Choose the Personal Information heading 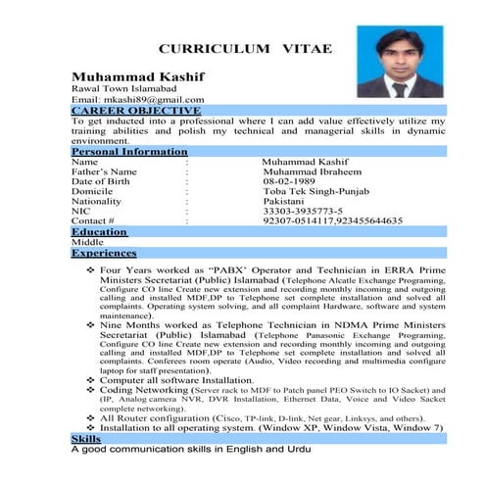(x=128, y=152)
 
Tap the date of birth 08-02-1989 (x=290, y=182)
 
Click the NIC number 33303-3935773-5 (x=303, y=212)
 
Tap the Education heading (x=99, y=232)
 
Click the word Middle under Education (x=87, y=242)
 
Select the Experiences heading (x=104, y=253)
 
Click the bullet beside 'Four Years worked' (x=90, y=267)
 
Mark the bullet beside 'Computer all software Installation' (x=90, y=379)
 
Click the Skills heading (x=86, y=439)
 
